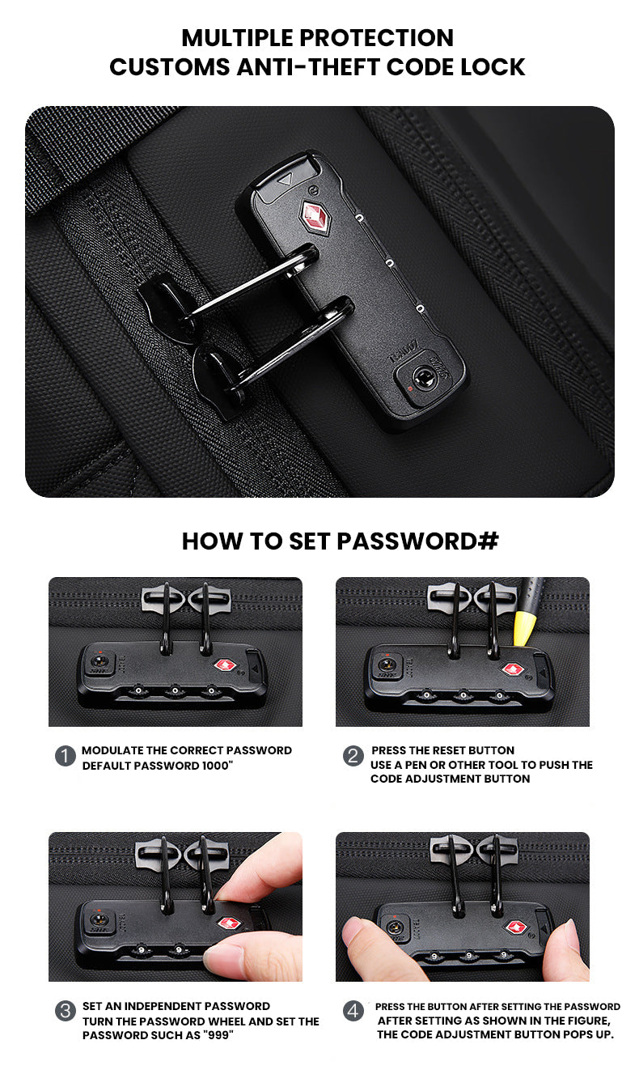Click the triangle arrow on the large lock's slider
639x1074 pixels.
point(286,180)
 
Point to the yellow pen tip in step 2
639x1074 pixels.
point(523,627)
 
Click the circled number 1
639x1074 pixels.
point(66,756)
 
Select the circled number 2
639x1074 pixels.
point(353,756)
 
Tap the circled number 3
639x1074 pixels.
point(66,1011)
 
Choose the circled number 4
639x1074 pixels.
point(353,1011)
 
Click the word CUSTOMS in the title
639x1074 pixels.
point(170,67)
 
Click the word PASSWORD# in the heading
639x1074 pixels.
point(417,541)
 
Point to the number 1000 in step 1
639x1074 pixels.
point(215,766)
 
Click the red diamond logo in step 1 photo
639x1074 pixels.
point(224,665)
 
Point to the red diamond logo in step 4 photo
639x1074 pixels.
point(516,928)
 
